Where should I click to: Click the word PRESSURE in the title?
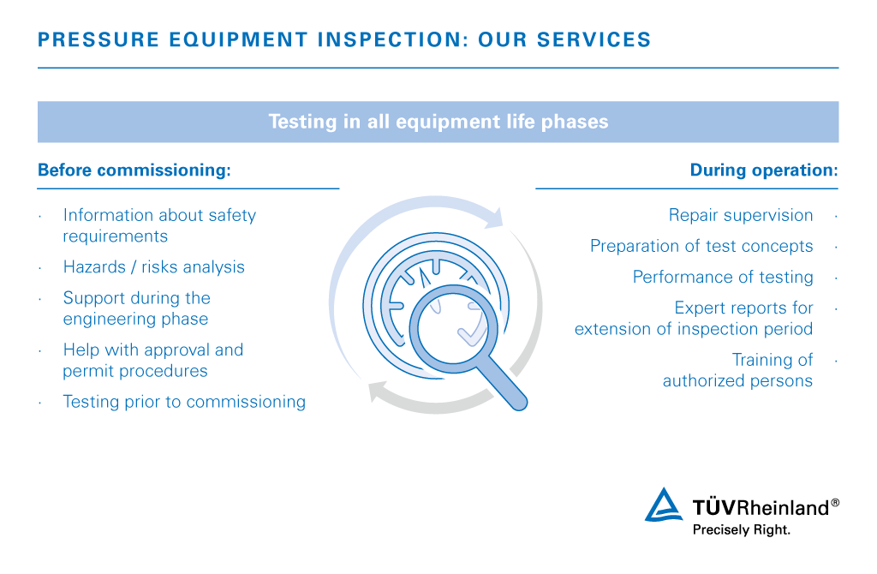click(98, 39)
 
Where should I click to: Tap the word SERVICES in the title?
click(594, 39)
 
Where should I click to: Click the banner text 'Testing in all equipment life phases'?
click(438, 122)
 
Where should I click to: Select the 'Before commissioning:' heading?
click(134, 170)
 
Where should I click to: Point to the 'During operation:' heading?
click(764, 170)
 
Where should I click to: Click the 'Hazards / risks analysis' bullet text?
click(154, 266)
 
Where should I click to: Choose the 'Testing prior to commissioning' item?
click(184, 402)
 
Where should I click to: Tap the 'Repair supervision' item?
click(741, 215)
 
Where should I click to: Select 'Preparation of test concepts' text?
click(701, 246)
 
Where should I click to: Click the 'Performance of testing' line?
click(723, 277)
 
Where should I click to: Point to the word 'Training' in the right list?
click(772, 360)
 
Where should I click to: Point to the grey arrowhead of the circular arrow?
click(379, 391)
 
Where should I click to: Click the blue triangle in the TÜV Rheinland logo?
click(664, 505)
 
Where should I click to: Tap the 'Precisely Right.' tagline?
click(741, 529)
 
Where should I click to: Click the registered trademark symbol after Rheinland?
click(835, 502)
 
